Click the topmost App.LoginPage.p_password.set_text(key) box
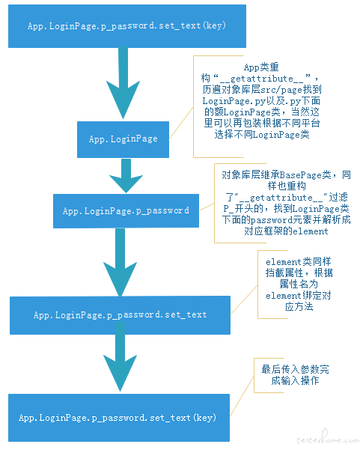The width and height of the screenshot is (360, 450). (125, 26)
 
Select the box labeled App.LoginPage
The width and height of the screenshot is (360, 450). (123, 139)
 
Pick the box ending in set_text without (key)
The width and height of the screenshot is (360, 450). (120, 314)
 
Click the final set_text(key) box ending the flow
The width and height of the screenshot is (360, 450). (117, 417)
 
